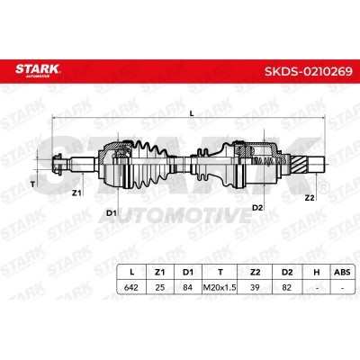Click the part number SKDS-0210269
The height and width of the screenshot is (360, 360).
coord(309,71)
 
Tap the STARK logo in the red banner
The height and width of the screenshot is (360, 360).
coord(38,70)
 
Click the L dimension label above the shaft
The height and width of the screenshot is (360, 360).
coord(192,113)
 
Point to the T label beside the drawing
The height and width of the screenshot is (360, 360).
coord(32,184)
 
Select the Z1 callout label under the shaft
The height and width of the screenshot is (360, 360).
coord(76,193)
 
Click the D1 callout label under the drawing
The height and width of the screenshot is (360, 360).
coord(112,213)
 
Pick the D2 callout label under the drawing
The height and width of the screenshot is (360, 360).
coord(257,207)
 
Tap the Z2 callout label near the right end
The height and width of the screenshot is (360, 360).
coord(310,198)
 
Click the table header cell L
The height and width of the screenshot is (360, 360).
coord(131,272)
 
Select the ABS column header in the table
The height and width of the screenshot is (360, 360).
coord(342,272)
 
